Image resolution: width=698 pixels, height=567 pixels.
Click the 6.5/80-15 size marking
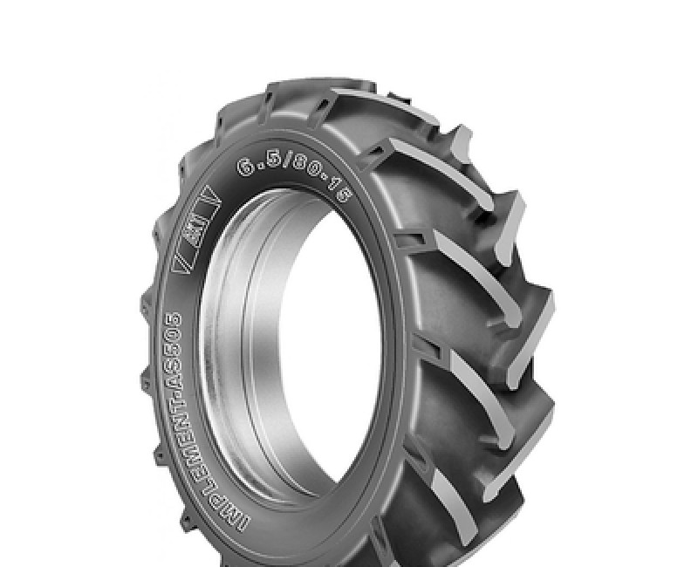pyautogui.click(x=291, y=180)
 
